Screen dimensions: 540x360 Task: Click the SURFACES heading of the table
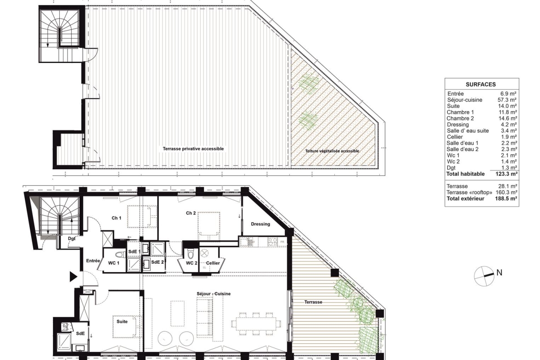[x=481, y=85]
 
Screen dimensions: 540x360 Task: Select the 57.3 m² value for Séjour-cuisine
[x=507, y=100]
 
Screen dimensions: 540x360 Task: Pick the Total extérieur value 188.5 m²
[x=507, y=199]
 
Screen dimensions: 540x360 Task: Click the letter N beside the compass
[x=499, y=273]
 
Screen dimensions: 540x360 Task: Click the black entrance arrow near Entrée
[x=73, y=277]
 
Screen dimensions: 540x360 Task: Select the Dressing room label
[x=261, y=224]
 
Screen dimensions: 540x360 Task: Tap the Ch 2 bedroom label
[x=191, y=213]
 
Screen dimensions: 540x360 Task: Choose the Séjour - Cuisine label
[x=214, y=294]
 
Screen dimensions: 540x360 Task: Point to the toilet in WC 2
[x=191, y=253]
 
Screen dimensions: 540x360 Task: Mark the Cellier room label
[x=213, y=263]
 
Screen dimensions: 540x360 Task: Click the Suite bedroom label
[x=122, y=321]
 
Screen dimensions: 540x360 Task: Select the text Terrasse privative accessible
[x=193, y=149]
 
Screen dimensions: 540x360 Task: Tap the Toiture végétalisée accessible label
[x=332, y=151]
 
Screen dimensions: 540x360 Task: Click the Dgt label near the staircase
[x=72, y=238]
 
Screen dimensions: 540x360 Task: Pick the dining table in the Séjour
[x=256, y=324]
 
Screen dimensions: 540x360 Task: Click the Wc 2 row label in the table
[x=453, y=162]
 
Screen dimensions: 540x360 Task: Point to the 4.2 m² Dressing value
[x=509, y=125]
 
